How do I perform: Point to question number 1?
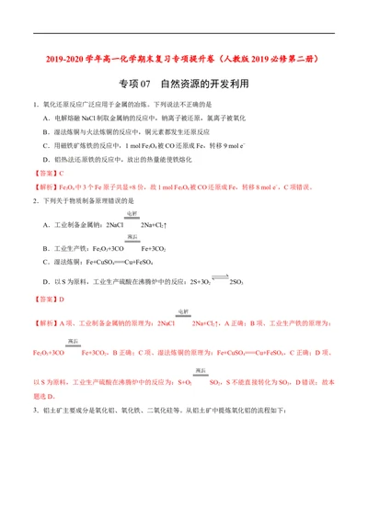click(x=34, y=106)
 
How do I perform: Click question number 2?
click(x=34, y=200)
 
